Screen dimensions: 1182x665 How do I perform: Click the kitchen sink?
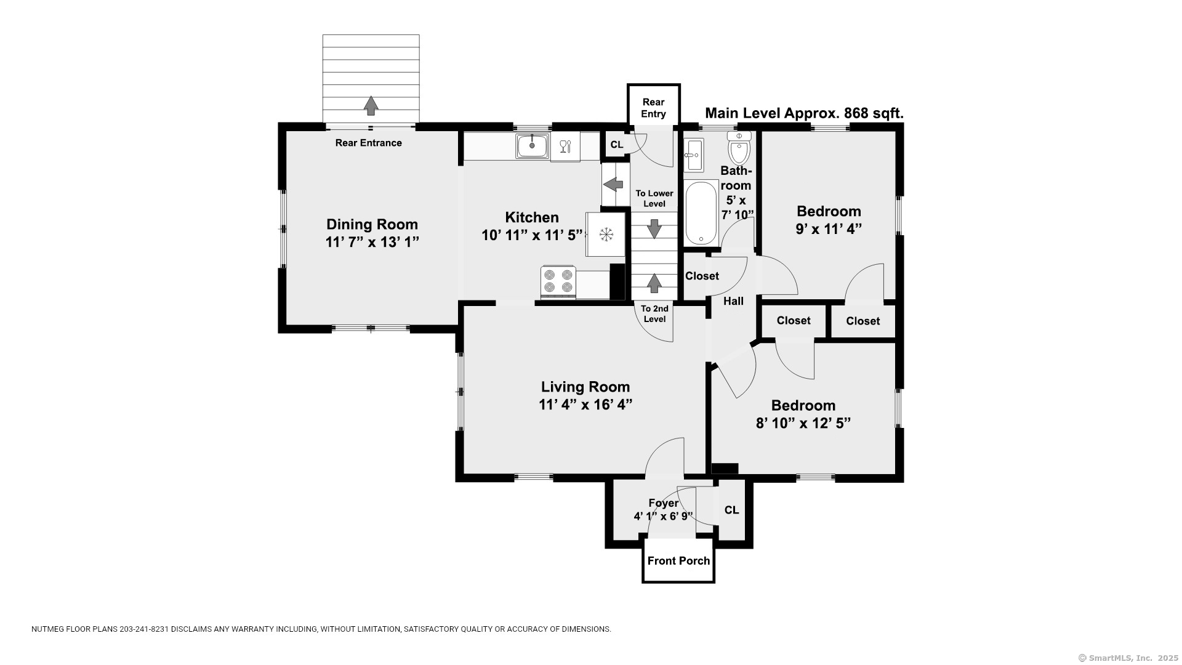(533, 146)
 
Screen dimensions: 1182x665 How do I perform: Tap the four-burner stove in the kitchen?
(558, 282)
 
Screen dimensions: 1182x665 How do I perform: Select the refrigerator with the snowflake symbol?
(606, 234)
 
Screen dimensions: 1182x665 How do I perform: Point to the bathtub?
(701, 213)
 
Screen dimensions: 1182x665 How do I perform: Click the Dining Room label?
(372, 224)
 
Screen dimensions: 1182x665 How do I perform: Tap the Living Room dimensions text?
(585, 405)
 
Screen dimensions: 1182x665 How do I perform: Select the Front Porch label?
(678, 561)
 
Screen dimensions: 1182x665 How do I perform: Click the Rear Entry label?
(653, 108)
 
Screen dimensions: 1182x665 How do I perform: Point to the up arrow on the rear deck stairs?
(371, 105)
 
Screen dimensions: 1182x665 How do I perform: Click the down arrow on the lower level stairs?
(654, 228)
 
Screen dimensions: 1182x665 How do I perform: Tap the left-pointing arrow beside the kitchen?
(613, 184)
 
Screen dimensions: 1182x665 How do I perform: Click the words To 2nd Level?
(654, 314)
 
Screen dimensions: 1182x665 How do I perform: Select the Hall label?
(733, 301)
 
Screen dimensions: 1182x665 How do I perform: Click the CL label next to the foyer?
(731, 510)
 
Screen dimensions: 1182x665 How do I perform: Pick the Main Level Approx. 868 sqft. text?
(804, 113)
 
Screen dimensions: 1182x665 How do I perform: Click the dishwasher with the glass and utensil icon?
(565, 147)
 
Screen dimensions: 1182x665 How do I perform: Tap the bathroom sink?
(694, 155)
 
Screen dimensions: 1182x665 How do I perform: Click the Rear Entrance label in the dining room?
(368, 143)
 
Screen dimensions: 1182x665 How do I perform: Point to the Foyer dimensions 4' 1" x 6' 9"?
(664, 517)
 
